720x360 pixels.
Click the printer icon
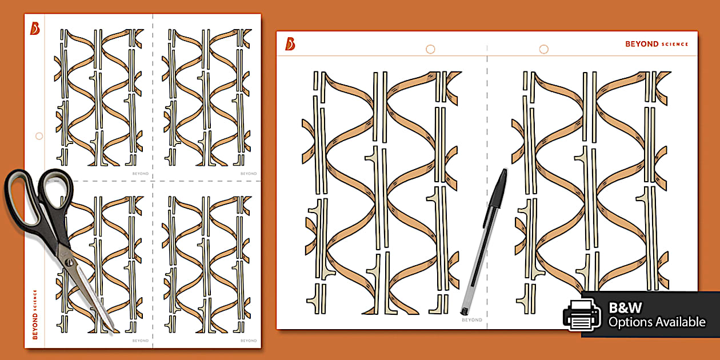coord(582,315)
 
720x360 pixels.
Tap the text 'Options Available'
coord(657,322)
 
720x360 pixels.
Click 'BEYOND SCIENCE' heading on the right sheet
coord(657,44)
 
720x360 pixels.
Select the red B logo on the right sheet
coord(290,44)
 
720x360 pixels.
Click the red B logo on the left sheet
coord(35,29)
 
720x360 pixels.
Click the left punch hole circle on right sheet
coord(430,49)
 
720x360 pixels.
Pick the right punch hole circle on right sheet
coord(543,49)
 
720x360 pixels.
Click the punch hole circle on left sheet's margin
coord(39,136)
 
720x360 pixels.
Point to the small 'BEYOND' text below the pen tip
coord(471,320)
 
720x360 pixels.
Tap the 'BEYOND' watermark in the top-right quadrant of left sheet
coord(249,174)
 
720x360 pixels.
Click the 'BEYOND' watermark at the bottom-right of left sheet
coord(249,341)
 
